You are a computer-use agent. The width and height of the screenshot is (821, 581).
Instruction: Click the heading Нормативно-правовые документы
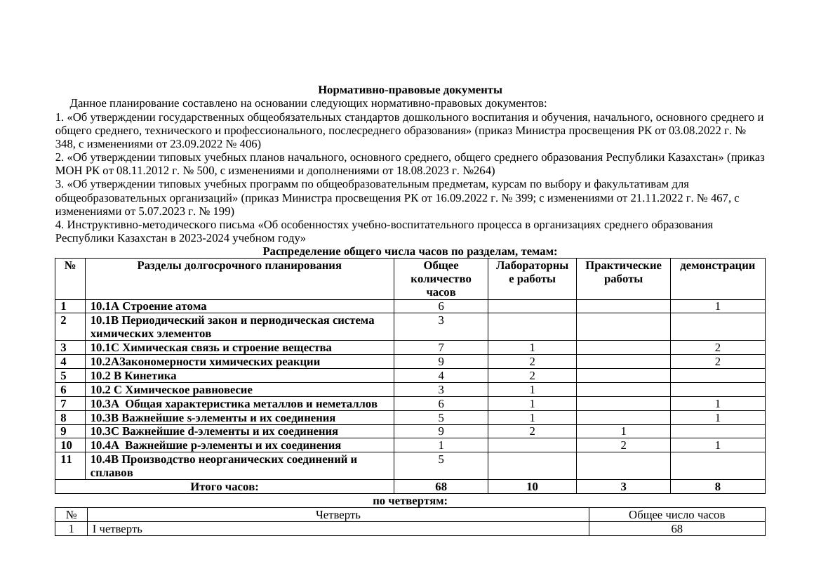[410, 90]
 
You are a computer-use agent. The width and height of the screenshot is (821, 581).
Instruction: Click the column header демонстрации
[717, 266]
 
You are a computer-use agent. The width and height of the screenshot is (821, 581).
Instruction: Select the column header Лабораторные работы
[531, 272]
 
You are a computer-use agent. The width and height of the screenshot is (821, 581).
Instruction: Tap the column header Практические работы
[622, 272]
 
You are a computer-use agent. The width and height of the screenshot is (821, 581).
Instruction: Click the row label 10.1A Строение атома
[149, 306]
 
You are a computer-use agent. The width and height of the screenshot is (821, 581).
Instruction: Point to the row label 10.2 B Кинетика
[133, 376]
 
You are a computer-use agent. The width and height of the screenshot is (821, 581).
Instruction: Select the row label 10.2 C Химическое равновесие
[171, 390]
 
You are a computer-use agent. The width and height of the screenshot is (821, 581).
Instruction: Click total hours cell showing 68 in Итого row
[441, 487]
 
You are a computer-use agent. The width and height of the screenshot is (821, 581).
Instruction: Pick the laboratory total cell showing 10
[531, 487]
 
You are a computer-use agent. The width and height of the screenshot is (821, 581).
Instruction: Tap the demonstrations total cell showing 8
[717, 487]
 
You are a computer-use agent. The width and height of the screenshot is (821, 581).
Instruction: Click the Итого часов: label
[225, 487]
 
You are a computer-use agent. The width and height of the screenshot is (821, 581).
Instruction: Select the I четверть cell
[117, 529]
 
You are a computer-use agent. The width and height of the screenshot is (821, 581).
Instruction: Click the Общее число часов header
[676, 515]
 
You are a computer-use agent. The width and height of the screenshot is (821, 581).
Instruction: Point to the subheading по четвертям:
[410, 501]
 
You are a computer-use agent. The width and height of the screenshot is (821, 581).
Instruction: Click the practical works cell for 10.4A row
[622, 445]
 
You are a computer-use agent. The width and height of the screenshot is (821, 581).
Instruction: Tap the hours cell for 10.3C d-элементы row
[441, 431]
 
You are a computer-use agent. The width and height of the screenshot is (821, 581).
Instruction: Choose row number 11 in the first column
[67, 459]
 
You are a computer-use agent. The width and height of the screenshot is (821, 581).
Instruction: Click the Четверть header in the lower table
[338, 515]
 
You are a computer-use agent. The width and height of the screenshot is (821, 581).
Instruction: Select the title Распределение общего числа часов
[410, 252]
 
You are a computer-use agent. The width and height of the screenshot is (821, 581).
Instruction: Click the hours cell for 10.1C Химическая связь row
[441, 348]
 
